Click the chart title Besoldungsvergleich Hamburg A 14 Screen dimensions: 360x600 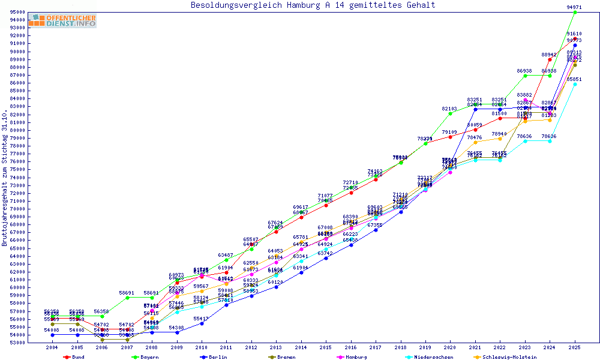pyautogui.click(x=313, y=5)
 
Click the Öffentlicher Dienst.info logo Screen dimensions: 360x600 pyautogui.click(x=62, y=21)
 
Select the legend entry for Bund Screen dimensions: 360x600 pyautogui.click(x=75, y=357)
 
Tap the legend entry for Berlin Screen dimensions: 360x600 pyautogui.click(x=217, y=357)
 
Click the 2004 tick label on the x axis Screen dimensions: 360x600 pyautogui.click(x=52, y=347)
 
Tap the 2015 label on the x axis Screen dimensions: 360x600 pyautogui.click(x=326, y=347)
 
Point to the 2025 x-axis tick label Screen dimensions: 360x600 pyautogui.click(x=575, y=347)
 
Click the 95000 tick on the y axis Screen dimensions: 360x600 pyautogui.click(x=34, y=12)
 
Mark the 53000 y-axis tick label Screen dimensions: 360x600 pyautogui.click(x=34, y=343)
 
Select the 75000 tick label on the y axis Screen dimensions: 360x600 pyautogui.click(x=34, y=170)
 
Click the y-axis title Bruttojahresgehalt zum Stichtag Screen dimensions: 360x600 pyautogui.click(x=5, y=178)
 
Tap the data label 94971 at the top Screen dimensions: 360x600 pyautogui.click(x=574, y=7)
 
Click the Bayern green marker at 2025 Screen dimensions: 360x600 pyautogui.click(x=575, y=12)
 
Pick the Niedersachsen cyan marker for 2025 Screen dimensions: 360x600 pyautogui.click(x=575, y=84)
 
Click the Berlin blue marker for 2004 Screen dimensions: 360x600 pyautogui.click(x=52, y=335)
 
